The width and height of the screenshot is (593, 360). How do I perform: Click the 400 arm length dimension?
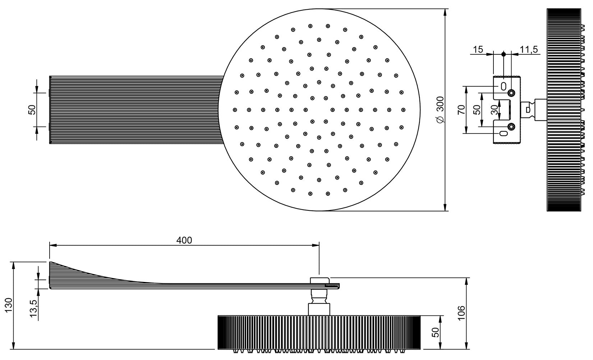(184, 240)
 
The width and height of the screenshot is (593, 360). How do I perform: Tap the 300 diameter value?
(440, 105)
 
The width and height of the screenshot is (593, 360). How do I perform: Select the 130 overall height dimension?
(9, 305)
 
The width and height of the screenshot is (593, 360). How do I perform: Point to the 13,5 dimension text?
(34, 309)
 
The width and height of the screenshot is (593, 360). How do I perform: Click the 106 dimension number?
(461, 313)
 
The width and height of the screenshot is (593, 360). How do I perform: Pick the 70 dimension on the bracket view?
(461, 110)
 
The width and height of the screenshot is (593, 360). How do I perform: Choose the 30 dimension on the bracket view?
(494, 110)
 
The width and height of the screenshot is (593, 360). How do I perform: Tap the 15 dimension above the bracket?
(478, 50)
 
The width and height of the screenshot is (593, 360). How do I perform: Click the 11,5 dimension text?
(529, 50)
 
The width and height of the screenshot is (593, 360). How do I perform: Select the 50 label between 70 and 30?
(477, 110)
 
